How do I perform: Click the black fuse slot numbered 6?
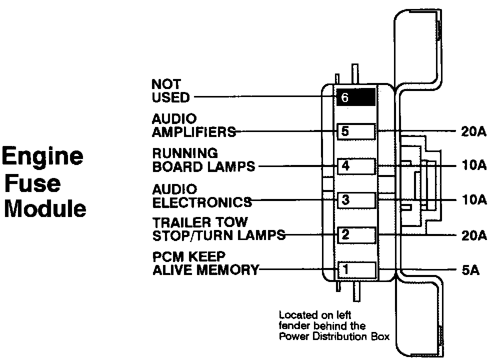355,97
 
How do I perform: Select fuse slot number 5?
355,132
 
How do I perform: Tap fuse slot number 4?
355,166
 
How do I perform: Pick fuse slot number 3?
355,200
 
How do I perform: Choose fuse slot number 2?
355,234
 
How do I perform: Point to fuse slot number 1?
355,269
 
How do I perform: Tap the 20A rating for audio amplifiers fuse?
472,132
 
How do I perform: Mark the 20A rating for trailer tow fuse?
472,234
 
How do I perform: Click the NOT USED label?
170,90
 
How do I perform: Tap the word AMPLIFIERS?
193,132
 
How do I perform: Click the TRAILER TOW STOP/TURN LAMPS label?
218,228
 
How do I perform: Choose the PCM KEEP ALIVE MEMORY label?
205,263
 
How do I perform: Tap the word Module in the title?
45,208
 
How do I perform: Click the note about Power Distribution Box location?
334,325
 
